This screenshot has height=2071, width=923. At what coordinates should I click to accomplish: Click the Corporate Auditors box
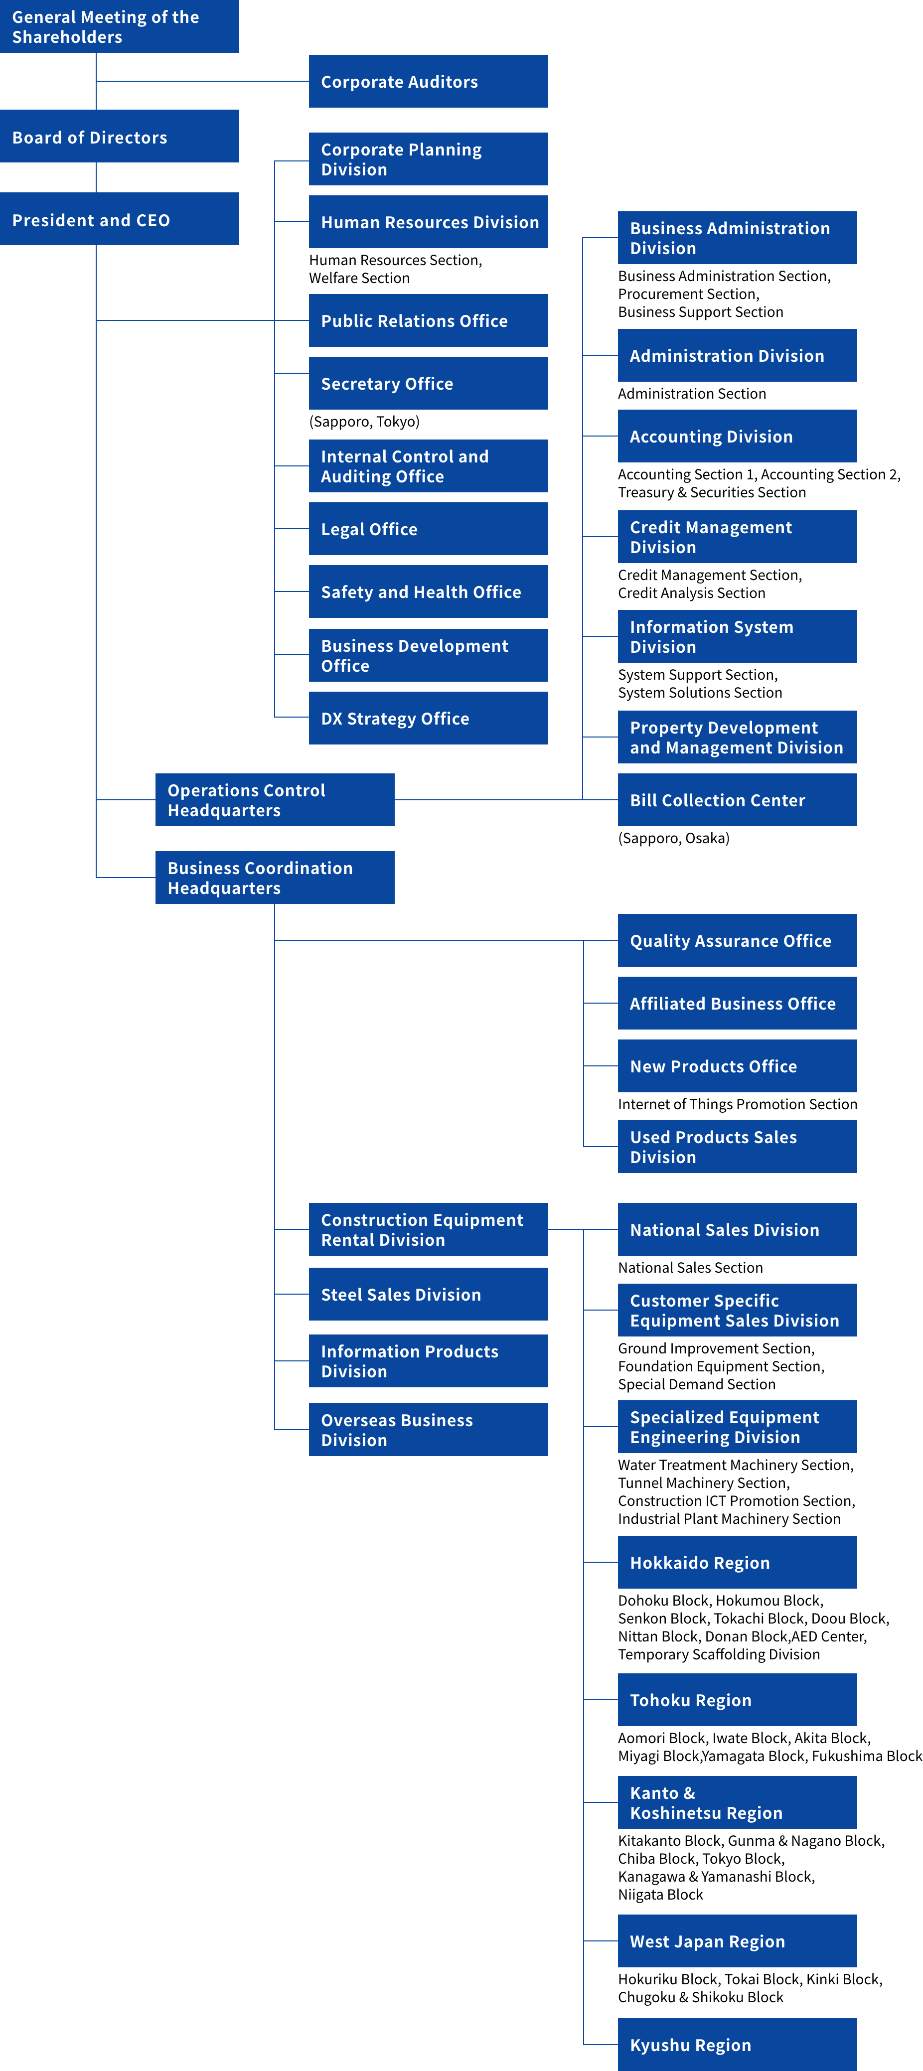point(428,81)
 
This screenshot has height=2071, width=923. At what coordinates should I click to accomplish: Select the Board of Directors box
point(119,137)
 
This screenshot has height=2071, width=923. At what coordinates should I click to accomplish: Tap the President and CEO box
point(119,219)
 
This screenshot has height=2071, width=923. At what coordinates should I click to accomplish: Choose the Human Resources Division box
point(428,222)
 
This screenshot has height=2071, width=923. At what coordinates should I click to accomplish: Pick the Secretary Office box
point(428,384)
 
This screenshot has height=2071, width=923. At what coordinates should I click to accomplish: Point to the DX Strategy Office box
point(428,718)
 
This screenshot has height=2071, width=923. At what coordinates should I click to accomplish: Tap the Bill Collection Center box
point(737,800)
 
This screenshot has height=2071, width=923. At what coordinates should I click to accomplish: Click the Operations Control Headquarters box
point(274,800)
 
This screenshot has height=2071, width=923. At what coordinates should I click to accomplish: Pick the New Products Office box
point(737,1066)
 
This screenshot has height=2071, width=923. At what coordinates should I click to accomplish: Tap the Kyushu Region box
point(737,2045)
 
